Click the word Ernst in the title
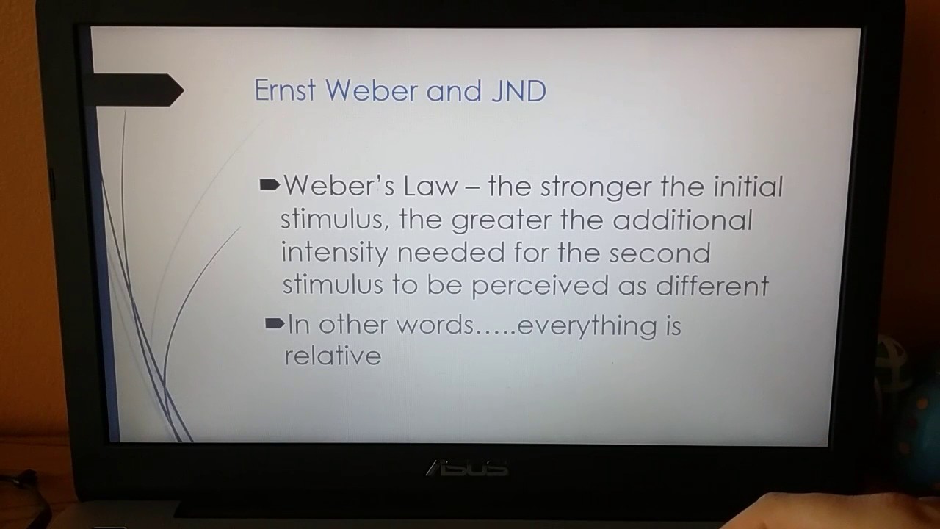click(x=285, y=91)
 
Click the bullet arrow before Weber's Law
click(x=270, y=185)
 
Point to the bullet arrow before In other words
click(x=274, y=323)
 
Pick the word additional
click(x=682, y=220)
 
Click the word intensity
click(x=334, y=253)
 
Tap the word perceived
click(x=540, y=286)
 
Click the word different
click(x=712, y=285)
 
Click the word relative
click(x=333, y=356)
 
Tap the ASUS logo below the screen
click(x=467, y=467)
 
